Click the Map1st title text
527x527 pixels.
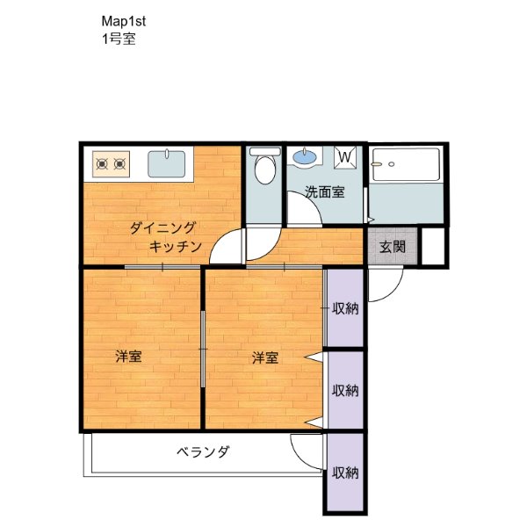pyautogui.click(x=123, y=21)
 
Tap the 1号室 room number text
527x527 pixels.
pyautogui.click(x=119, y=39)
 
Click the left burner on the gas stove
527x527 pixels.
pyautogui.click(x=102, y=164)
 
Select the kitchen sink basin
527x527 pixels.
pyautogui.click(x=166, y=163)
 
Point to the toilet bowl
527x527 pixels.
pyautogui.click(x=265, y=170)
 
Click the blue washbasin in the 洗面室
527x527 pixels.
pyautogui.click(x=305, y=156)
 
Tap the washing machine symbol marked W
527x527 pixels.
pyautogui.click(x=345, y=157)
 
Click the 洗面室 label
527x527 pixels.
pyautogui.click(x=325, y=191)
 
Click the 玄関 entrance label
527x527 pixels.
pyautogui.click(x=393, y=247)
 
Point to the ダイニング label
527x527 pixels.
pyautogui.click(x=162, y=227)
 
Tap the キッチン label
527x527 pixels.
pyautogui.click(x=175, y=247)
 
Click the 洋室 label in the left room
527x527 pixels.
pyautogui.click(x=128, y=357)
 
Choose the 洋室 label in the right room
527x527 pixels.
pyautogui.click(x=265, y=357)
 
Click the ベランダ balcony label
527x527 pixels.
pyautogui.click(x=204, y=451)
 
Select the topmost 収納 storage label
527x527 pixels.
pyautogui.click(x=345, y=308)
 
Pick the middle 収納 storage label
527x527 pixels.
pyautogui.click(x=345, y=391)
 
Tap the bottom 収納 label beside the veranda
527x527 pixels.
pyautogui.click(x=345, y=473)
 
